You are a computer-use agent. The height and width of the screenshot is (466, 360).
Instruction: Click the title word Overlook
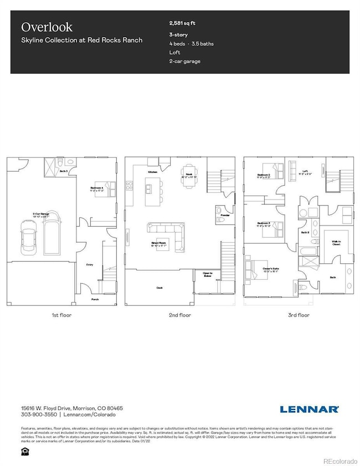pos(39,27)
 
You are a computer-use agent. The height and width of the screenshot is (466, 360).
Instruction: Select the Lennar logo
pos(309,409)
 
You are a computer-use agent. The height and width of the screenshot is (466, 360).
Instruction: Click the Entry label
pos(89,265)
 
